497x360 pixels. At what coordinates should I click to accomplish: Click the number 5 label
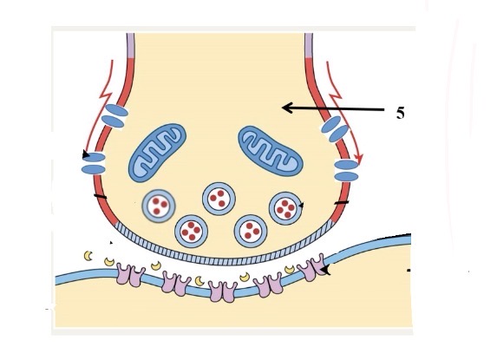coord(401,113)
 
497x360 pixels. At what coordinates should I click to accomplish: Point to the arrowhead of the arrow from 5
coord(286,108)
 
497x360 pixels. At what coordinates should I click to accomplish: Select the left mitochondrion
coord(157,153)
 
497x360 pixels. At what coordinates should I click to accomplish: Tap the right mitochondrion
coord(271,151)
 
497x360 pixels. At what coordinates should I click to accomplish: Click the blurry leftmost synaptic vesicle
coord(159,206)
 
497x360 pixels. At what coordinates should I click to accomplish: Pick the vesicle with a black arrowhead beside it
coord(285,208)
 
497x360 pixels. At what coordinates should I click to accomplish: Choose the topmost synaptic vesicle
coord(219,199)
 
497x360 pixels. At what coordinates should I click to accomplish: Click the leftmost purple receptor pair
coord(131,274)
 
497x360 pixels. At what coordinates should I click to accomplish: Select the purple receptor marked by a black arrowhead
coord(311,267)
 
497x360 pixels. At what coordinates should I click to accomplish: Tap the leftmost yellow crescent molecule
coord(88,255)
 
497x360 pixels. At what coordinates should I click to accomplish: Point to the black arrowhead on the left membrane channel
coord(86,154)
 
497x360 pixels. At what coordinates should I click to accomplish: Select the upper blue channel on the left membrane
coord(115,116)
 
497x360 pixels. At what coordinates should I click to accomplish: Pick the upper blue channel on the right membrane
coord(335,128)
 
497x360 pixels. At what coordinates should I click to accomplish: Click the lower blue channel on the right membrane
coord(346,171)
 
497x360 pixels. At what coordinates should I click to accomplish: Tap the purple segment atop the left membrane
coord(130,45)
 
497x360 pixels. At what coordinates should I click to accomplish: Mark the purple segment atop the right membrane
coord(309,45)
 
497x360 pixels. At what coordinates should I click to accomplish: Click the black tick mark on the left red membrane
coord(100,197)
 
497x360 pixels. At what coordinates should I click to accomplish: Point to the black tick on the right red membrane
coord(342,202)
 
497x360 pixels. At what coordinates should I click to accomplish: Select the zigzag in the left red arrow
coord(107,93)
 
